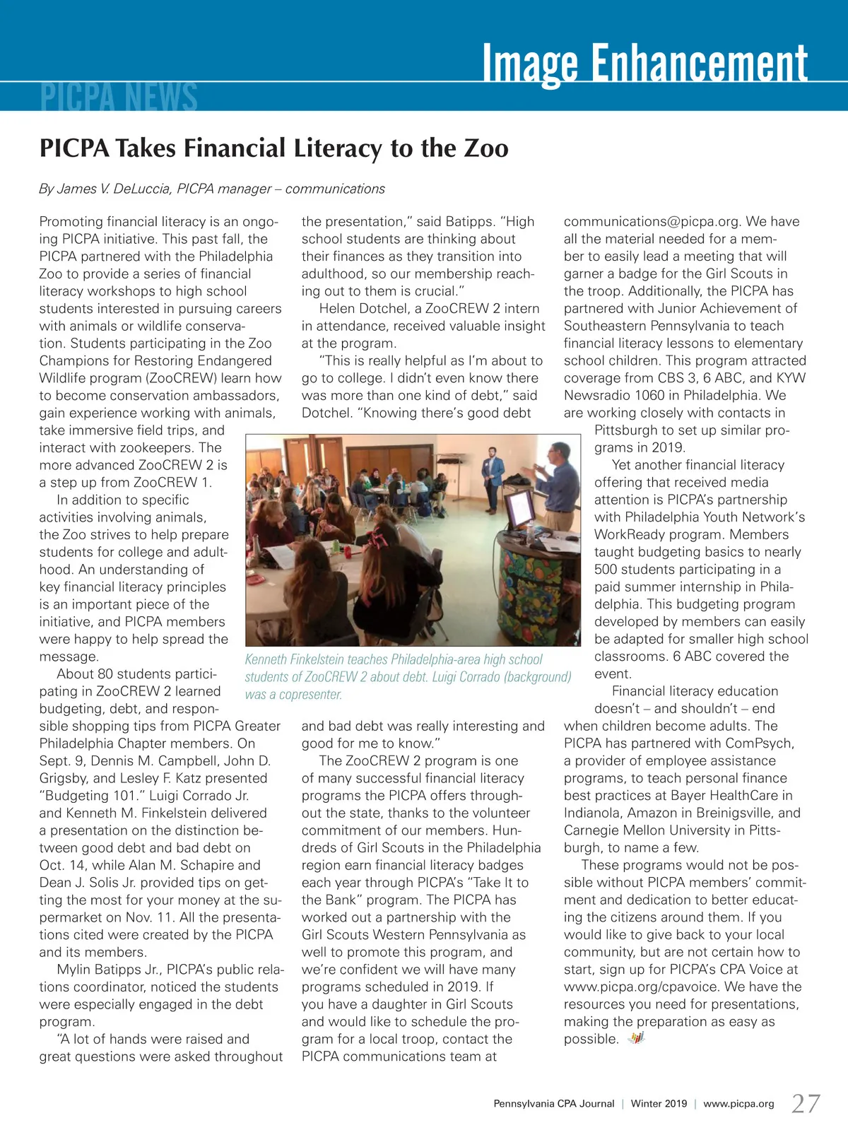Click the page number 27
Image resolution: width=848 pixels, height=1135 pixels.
tap(806, 1104)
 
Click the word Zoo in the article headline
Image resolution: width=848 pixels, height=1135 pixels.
tap(486, 148)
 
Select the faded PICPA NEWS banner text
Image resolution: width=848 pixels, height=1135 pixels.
tap(119, 97)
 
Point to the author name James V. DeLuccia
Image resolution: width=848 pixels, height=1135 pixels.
tap(113, 189)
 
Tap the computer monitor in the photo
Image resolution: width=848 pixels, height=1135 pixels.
tap(521, 507)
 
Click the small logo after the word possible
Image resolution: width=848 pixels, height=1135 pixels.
tap(636, 1038)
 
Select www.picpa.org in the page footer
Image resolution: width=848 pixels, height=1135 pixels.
tap(738, 1104)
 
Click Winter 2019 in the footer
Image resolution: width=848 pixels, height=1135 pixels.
tap(659, 1104)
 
